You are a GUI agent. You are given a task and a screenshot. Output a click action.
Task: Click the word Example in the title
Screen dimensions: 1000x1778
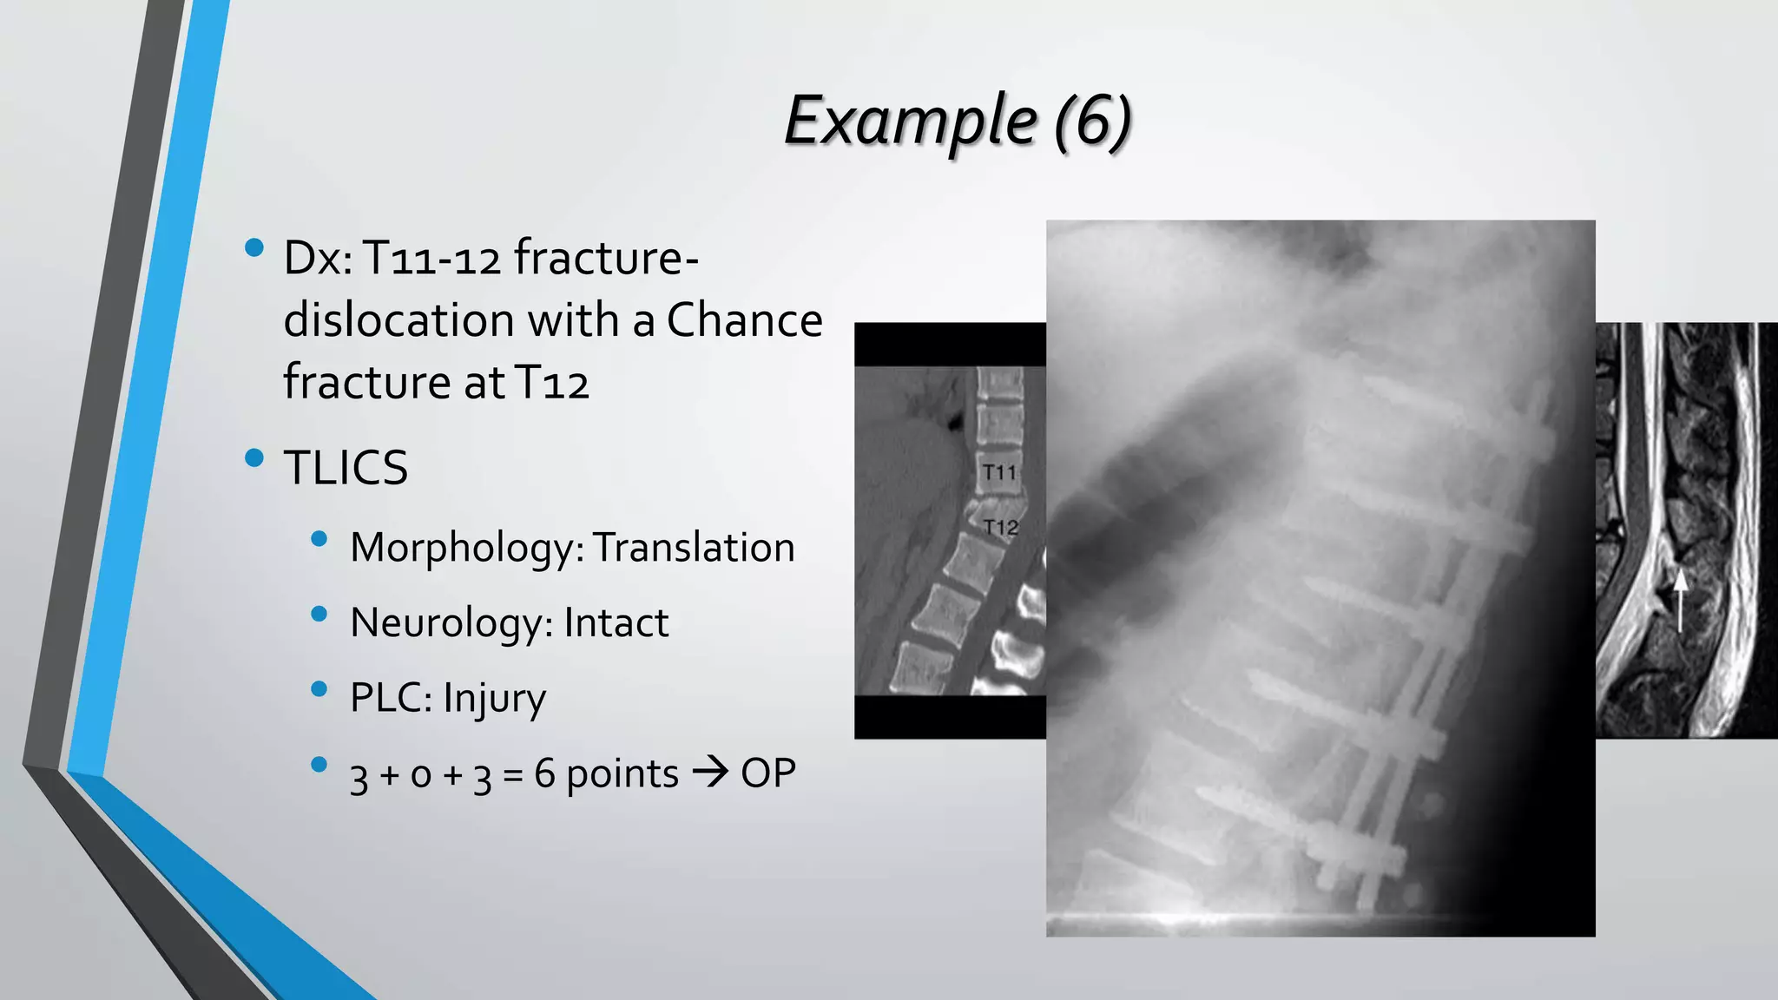910,122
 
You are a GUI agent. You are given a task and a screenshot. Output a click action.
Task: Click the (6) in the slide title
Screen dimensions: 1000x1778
1093,122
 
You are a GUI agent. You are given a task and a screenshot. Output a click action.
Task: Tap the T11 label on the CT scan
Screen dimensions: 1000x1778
999,473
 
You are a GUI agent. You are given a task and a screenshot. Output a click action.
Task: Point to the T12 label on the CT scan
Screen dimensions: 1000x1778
1001,527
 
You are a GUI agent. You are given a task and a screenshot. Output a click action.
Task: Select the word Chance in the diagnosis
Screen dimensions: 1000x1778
744,320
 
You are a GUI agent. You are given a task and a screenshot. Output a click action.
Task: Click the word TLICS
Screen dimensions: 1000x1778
346,468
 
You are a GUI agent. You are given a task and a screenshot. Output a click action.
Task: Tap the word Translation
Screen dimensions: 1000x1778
694,548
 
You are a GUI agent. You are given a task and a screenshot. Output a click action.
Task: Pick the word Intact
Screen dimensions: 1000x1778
616,623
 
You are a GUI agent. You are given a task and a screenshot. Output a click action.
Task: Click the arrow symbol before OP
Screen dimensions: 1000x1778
710,773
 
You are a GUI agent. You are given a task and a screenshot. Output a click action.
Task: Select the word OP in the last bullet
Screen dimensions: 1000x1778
767,773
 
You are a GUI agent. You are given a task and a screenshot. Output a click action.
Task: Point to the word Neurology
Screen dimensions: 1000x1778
451,623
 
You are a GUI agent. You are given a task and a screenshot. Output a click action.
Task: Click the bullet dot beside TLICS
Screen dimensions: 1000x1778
254,458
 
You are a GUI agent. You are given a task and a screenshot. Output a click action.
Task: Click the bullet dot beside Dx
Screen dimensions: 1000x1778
254,248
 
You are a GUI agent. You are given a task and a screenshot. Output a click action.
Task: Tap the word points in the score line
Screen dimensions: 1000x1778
622,773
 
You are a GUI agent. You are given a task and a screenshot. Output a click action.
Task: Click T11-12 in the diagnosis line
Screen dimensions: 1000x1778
431,259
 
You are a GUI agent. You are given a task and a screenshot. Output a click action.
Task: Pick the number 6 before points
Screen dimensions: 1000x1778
544,773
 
